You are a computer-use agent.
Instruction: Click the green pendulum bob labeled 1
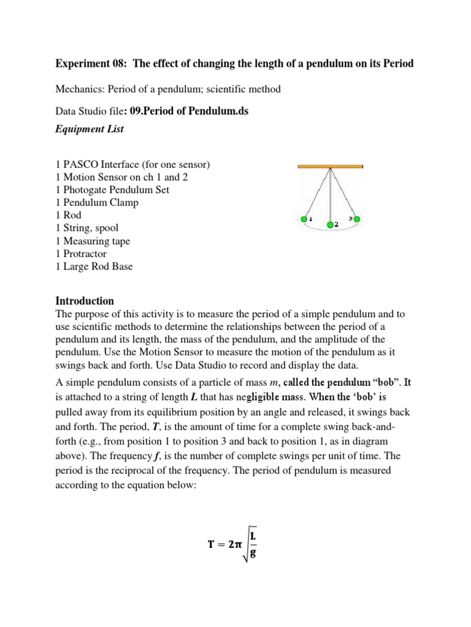tap(303, 219)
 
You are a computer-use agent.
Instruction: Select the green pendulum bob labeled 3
tap(358, 219)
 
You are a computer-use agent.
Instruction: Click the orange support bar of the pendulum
tap(330, 166)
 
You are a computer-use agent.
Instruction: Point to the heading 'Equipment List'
tap(90, 129)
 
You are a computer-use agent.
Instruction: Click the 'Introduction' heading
tap(85, 301)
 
